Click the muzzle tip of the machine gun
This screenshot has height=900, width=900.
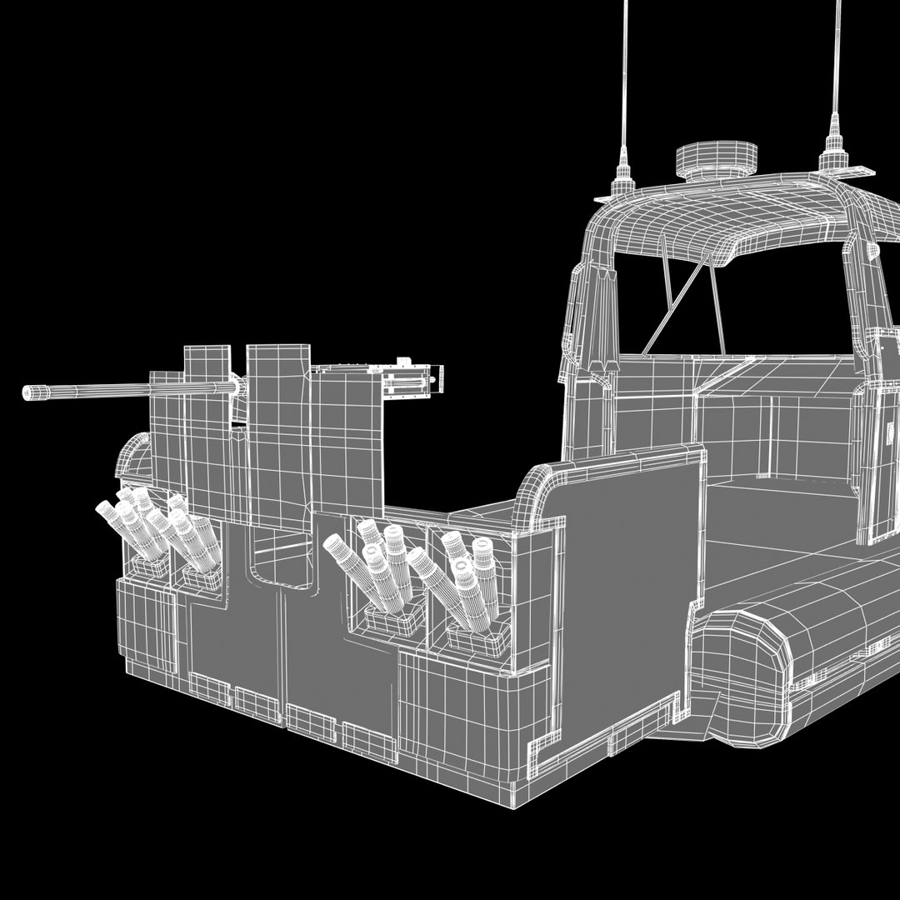tap(27, 392)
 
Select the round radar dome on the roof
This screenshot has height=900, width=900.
tap(716, 157)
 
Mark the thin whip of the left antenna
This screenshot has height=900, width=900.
tap(624, 75)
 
